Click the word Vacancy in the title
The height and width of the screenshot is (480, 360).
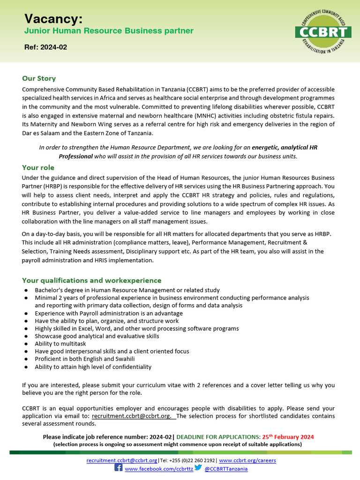pos(53,19)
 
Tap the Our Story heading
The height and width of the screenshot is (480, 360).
pos(39,78)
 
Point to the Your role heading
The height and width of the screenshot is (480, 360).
pos(38,167)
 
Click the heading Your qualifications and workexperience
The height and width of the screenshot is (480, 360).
pos(91,280)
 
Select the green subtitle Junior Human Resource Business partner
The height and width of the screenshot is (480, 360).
pos(109,31)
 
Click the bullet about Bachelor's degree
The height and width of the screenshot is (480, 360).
pos(127,291)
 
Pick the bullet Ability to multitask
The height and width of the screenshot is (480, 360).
pos(60,344)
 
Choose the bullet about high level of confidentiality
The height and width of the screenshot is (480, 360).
pos(93,367)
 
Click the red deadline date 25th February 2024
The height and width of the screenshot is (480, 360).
pos(287,437)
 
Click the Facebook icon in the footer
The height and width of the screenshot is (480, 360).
pos(119,468)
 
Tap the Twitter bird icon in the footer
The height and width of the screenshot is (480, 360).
pos(198,468)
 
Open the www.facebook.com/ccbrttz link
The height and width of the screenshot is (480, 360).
pos(158,469)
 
